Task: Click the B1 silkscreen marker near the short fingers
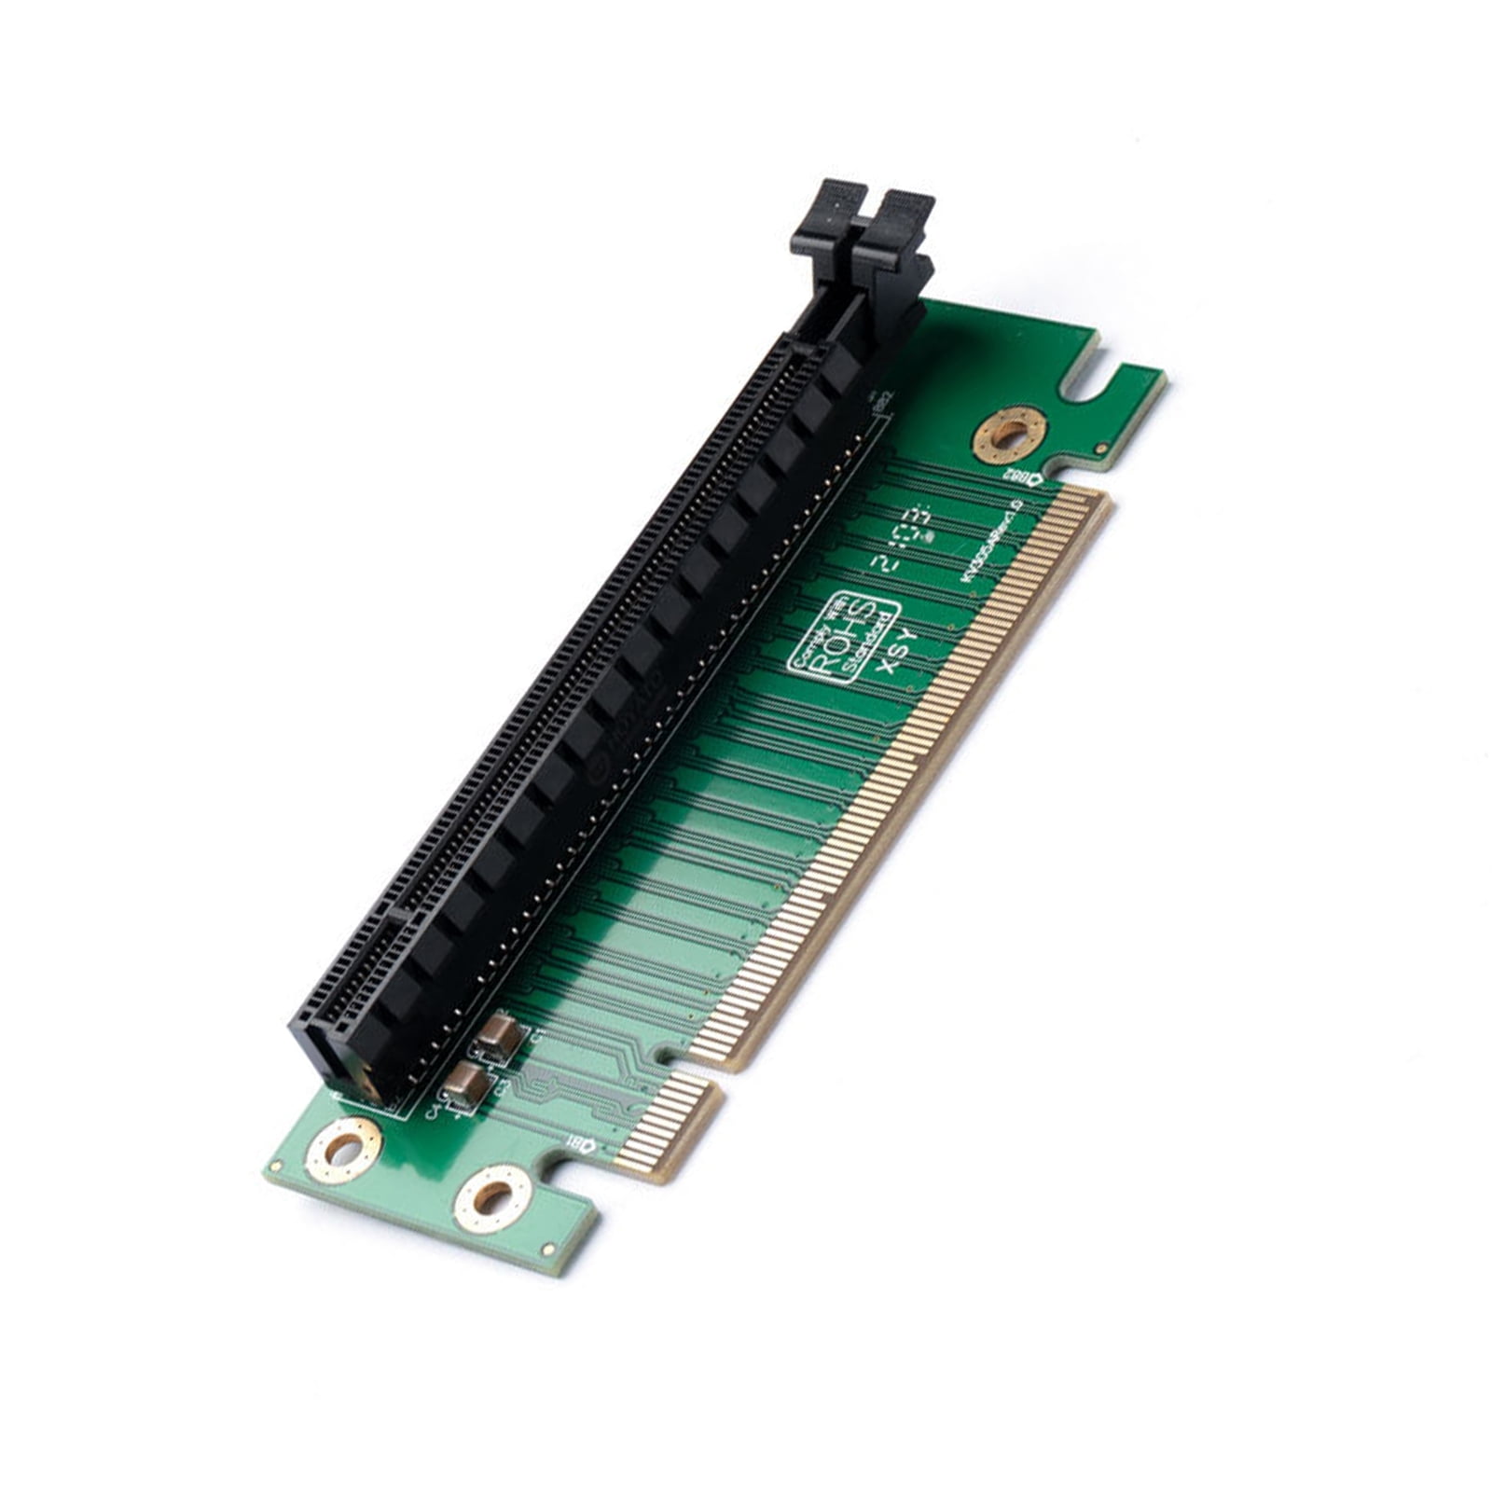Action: coord(580,1144)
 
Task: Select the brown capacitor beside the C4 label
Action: coord(464,1085)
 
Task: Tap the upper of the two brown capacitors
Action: coord(497,1036)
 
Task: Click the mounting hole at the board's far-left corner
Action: coord(344,1151)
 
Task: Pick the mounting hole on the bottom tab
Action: coord(492,1198)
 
